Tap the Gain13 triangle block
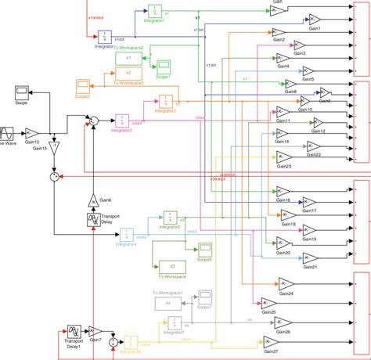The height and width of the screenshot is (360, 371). tap(31, 133)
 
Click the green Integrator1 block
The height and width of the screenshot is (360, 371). tap(156, 11)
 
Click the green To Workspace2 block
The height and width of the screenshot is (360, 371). tap(128, 58)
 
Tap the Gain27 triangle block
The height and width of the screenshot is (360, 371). tap(271, 341)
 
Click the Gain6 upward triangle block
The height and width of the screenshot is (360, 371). tap(93, 200)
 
